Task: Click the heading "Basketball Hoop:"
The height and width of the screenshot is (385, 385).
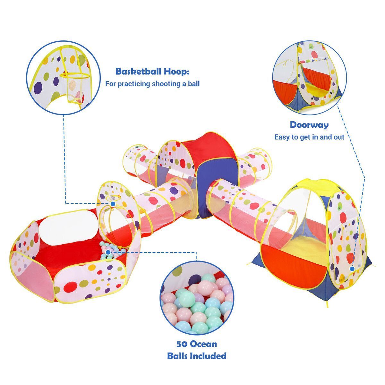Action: point(152,72)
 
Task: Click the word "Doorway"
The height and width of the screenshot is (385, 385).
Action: point(309,125)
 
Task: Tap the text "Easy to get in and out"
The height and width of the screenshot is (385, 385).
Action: point(309,137)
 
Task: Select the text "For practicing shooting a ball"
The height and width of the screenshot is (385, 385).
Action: point(152,84)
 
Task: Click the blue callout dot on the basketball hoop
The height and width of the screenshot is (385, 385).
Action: point(113,204)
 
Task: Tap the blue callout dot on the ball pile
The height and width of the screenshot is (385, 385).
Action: point(108,252)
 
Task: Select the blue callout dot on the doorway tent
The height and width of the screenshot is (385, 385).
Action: point(352,269)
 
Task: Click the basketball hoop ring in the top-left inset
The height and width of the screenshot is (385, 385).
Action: point(74,75)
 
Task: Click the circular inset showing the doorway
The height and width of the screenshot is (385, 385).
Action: point(309,78)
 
